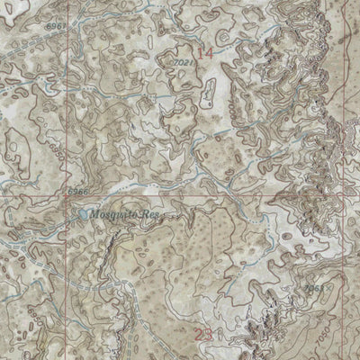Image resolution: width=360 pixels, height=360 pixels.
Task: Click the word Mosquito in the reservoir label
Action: coord(112,215)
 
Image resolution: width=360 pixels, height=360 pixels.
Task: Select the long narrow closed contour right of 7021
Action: coord(211,90)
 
